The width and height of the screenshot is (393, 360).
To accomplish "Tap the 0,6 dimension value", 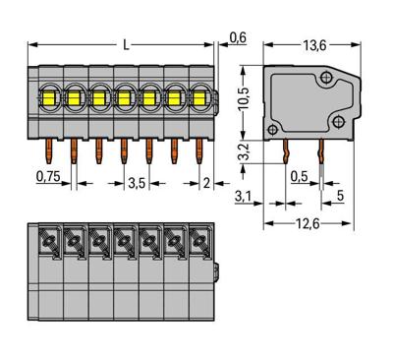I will tap(237, 37).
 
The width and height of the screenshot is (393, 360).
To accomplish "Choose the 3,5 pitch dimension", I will tap(139, 181).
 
